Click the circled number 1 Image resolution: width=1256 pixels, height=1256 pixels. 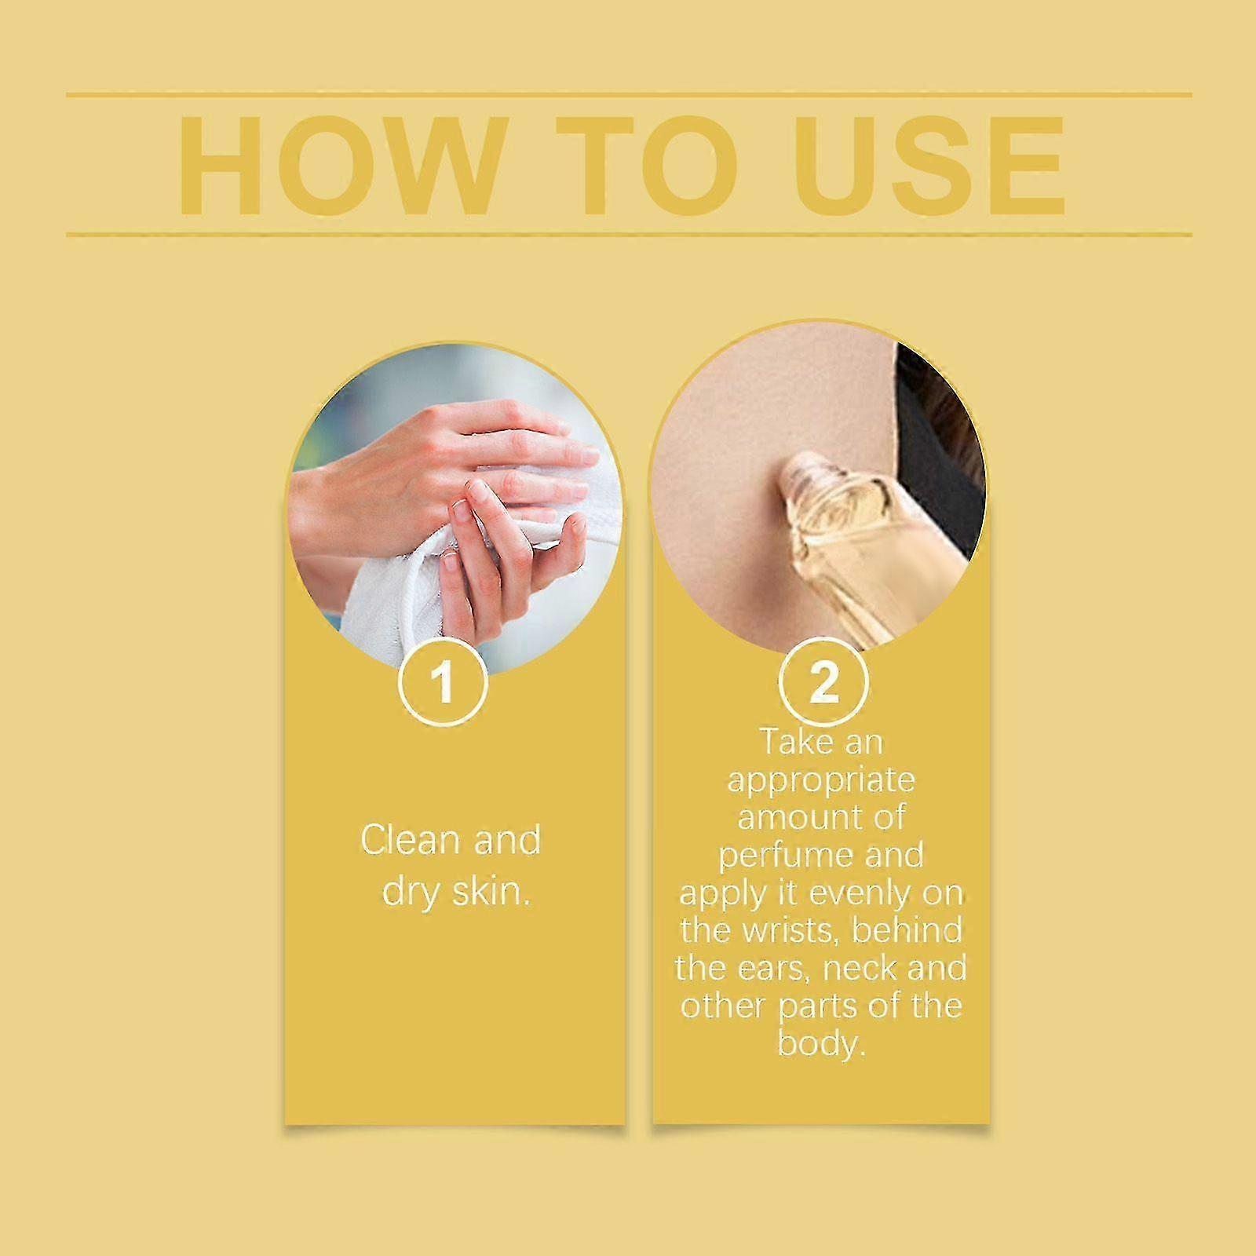coord(444,681)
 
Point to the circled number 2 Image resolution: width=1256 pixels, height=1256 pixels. coord(823,681)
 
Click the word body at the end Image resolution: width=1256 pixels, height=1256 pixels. coord(822,1045)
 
